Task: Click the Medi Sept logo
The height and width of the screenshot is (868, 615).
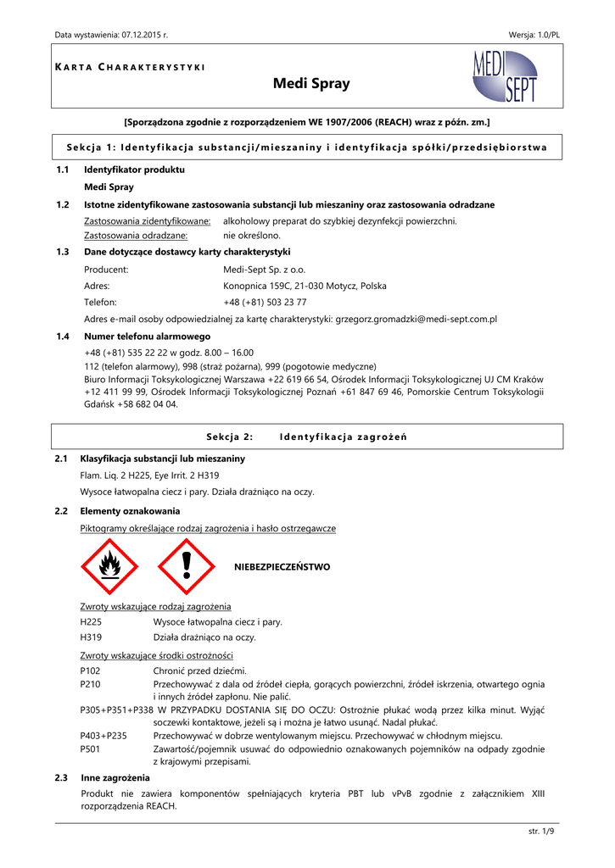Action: (503, 76)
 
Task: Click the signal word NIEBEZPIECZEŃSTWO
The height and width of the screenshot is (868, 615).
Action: (282, 566)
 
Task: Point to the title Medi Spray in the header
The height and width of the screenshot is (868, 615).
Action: (311, 84)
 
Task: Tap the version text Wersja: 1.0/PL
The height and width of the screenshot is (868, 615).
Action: (534, 34)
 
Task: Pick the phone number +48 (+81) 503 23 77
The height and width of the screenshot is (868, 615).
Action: (265, 302)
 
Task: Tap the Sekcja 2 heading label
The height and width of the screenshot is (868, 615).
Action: (230, 437)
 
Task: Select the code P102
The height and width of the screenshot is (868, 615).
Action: (90, 670)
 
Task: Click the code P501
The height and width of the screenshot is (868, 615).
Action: (90, 749)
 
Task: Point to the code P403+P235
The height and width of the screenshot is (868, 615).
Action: (103, 736)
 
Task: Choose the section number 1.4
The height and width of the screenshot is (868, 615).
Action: (62, 337)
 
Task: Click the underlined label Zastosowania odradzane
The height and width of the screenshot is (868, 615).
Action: (136, 236)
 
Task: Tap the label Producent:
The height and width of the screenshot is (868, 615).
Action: (106, 270)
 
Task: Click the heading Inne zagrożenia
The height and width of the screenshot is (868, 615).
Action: (115, 777)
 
